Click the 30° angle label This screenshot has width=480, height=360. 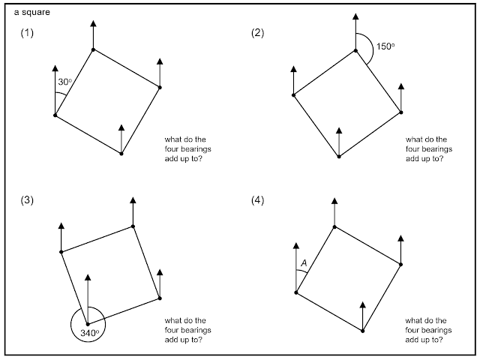(x=65, y=82)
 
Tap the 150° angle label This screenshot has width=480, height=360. (x=385, y=46)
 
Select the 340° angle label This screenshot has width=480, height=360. (x=90, y=333)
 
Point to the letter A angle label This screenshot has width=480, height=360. (x=304, y=263)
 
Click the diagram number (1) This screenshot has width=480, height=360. (x=27, y=33)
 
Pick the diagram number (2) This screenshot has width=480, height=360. (x=257, y=33)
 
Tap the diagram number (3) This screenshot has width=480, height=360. (x=27, y=200)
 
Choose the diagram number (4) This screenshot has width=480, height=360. (x=257, y=200)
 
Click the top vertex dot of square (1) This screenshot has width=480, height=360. (x=93, y=49)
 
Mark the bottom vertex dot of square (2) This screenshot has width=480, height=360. (x=339, y=157)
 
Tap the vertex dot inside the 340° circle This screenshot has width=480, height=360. (x=88, y=324)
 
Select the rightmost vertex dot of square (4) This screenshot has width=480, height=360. (x=401, y=264)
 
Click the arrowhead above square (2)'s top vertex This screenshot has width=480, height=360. (x=355, y=16)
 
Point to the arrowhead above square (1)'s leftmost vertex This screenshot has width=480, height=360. (x=55, y=68)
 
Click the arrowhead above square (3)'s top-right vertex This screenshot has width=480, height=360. (x=133, y=200)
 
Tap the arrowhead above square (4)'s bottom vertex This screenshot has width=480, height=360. (x=363, y=305)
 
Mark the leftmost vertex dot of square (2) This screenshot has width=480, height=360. (x=293, y=95)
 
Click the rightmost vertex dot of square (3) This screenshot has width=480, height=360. (x=160, y=298)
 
